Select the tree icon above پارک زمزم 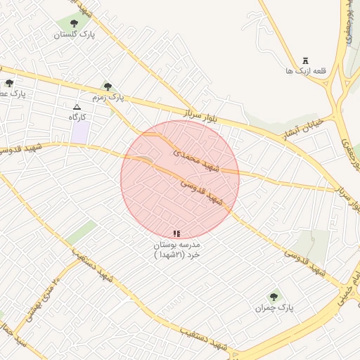click(x=108, y=86)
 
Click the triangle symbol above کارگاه click(x=77, y=107)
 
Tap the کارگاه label click(x=77, y=117)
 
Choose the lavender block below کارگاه click(x=80, y=132)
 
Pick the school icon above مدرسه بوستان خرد click(x=176, y=233)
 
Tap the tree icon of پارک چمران click(x=273, y=297)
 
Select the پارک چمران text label click(x=275, y=309)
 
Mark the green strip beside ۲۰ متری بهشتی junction click(x=82, y=232)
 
